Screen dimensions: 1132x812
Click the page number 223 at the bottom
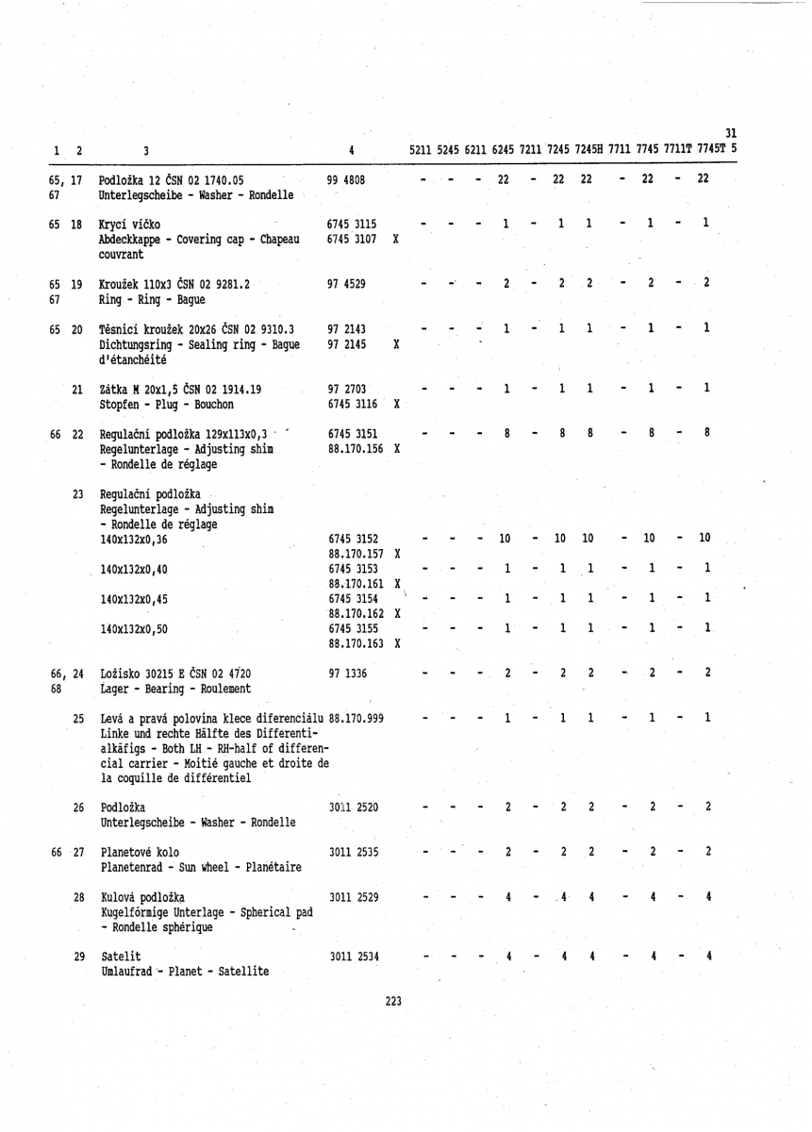pyautogui.click(x=394, y=1002)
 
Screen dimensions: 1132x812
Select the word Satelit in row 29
pyautogui.click(x=120, y=957)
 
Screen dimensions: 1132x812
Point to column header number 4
pyautogui.click(x=351, y=149)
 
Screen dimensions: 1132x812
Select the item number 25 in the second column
pyautogui.click(x=78, y=720)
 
